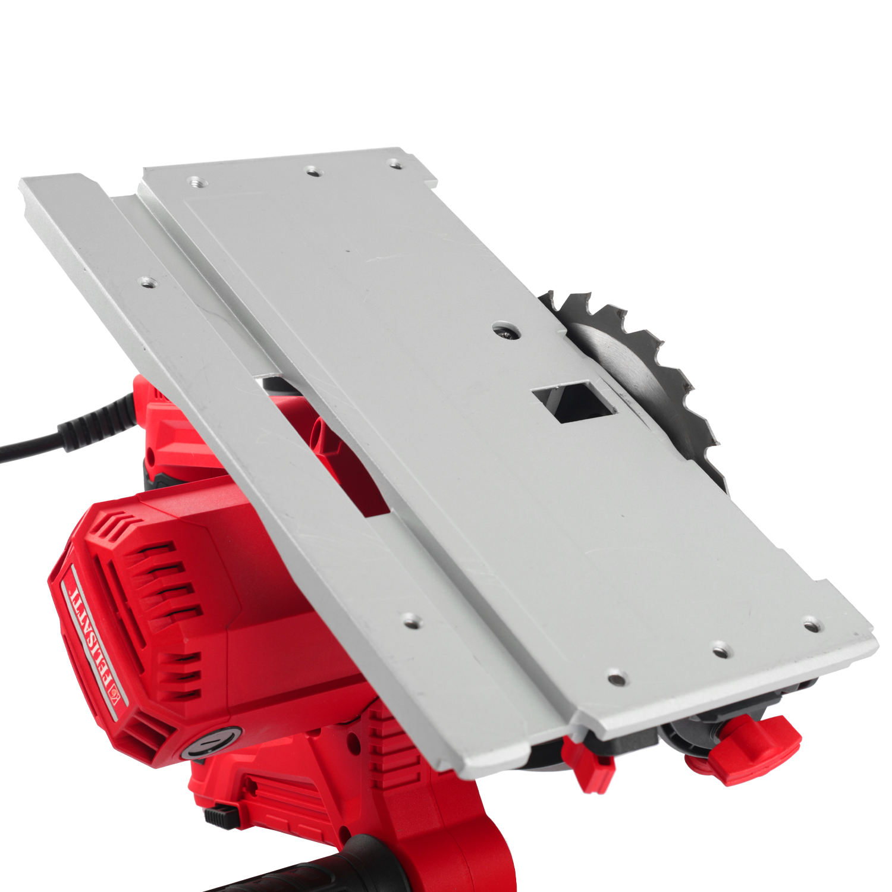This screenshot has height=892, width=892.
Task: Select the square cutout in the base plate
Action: click(574, 402)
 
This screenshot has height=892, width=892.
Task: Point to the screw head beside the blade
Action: click(507, 331)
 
